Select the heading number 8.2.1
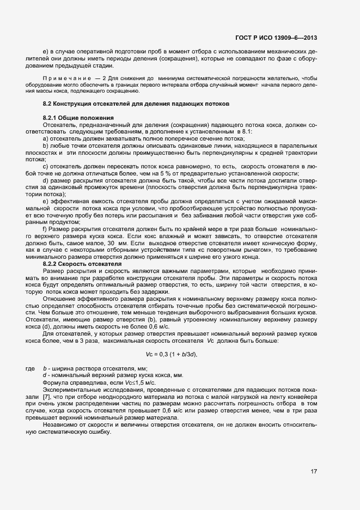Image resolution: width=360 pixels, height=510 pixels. pos(51,118)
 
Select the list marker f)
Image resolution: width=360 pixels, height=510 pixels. pos(45,229)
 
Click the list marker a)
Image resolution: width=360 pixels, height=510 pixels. pos(45,139)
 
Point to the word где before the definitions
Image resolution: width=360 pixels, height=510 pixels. pos(30,369)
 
